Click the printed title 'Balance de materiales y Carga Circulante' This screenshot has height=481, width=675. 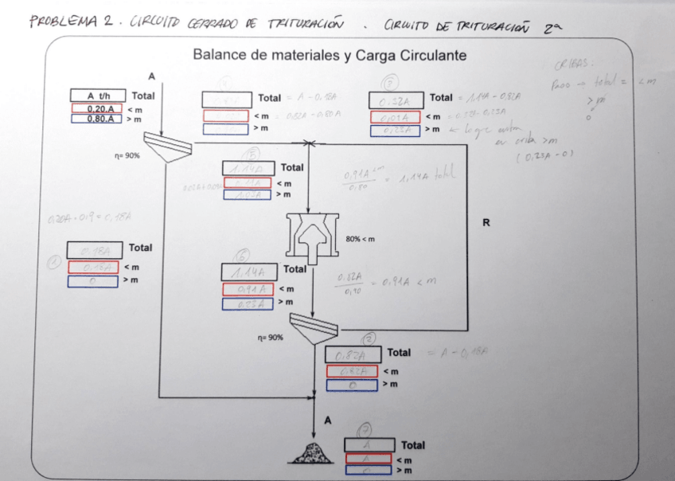coord(329,56)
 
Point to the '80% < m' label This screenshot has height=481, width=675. coord(361,239)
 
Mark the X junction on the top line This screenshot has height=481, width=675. coord(307,143)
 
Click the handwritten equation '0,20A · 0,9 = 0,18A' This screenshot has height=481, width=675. coord(81,219)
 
